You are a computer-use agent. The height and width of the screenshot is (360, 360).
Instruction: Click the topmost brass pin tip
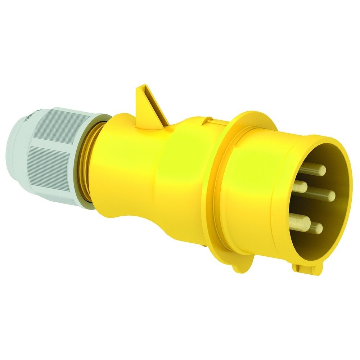pyautogui.click(x=321, y=170)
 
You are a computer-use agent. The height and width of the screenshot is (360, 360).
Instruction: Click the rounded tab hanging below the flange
pyautogui.click(x=239, y=267)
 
